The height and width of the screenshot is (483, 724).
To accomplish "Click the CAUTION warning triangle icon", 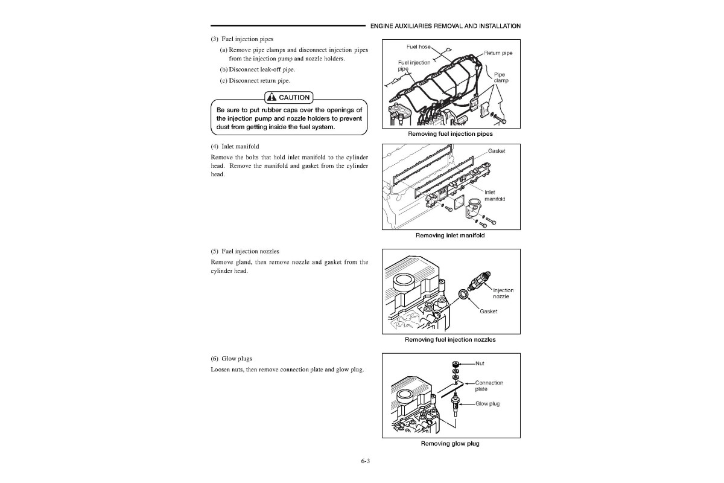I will coord(271,97).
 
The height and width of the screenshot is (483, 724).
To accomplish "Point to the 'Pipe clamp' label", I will coord(501,78).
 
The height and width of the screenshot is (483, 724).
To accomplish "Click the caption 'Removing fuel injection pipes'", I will coord(450,133).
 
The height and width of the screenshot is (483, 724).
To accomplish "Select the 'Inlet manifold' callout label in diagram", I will coord(494,196).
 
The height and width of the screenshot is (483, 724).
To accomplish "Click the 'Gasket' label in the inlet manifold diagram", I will coord(497,151).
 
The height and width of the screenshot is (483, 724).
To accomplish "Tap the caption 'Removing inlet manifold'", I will coord(450,235).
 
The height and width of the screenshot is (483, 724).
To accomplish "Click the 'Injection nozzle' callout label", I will coord(503,293).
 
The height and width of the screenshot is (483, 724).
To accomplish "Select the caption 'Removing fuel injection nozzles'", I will coord(450,339).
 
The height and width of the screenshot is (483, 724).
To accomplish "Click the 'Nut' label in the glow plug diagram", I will coord(480,363).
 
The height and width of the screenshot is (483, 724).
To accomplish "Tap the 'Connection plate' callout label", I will coord(489,386).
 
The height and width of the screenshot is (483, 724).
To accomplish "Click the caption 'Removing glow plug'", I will coord(450,444).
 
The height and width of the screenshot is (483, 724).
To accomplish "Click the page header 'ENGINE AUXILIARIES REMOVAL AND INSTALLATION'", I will coord(445,26).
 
